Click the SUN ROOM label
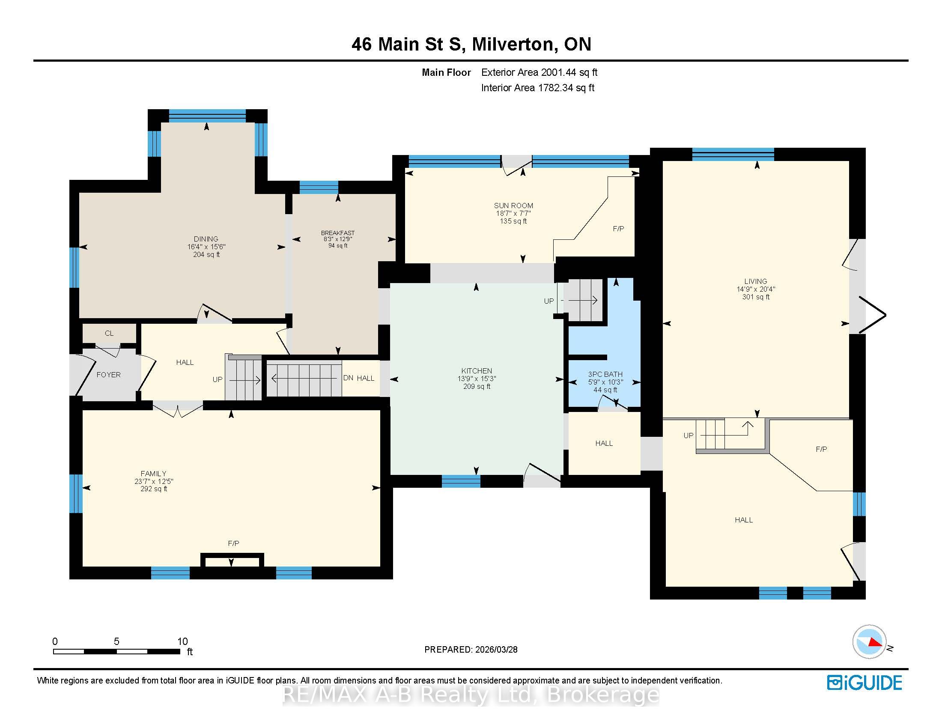point(513,206)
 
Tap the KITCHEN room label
point(477,371)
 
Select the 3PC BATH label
point(605,374)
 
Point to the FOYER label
point(108,375)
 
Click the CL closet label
point(109,333)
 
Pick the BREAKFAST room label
point(338,233)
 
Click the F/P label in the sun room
point(618,229)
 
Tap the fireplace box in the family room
point(232,560)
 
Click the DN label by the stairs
point(349,378)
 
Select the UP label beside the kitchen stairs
point(549,301)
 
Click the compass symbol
point(869,641)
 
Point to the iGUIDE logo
point(865,683)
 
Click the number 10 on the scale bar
point(182,641)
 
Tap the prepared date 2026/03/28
point(495,650)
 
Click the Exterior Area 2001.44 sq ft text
point(539,72)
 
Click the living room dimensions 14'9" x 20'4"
point(756,289)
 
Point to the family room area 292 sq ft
point(154,489)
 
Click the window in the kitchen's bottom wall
point(461,481)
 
